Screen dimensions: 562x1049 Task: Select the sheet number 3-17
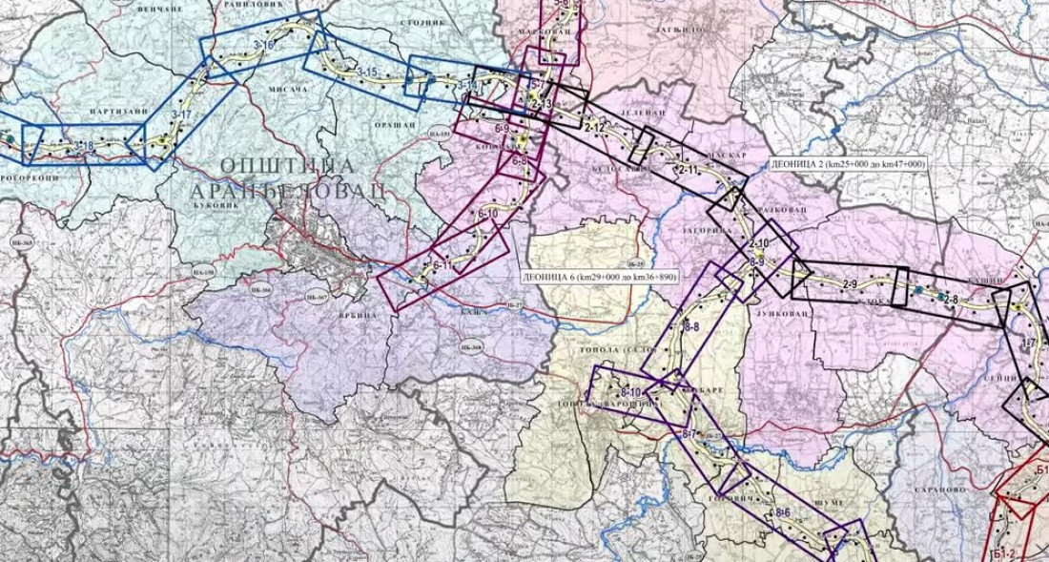[x=181, y=114]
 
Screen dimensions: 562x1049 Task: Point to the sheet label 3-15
[x=367, y=73]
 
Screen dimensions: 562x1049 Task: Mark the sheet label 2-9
[x=851, y=285]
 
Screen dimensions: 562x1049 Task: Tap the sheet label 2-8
[x=950, y=302]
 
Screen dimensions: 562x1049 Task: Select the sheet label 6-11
[x=442, y=264]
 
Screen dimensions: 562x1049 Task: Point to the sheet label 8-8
[x=692, y=327]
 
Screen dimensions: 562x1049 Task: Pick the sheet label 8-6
[x=783, y=513]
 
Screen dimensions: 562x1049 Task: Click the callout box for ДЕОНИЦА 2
[x=846, y=165]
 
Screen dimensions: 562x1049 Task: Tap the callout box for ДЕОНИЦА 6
[x=599, y=276]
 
